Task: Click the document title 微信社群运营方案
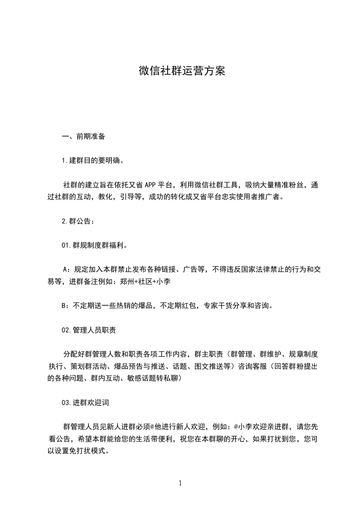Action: [182, 71]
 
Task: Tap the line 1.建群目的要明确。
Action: [92, 161]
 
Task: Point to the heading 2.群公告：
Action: [78, 221]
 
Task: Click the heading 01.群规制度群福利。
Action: [94, 245]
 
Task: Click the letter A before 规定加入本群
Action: [65, 269]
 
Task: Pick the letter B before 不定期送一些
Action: [64, 305]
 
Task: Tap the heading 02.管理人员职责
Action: [89, 330]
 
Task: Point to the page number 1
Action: [180, 483]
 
